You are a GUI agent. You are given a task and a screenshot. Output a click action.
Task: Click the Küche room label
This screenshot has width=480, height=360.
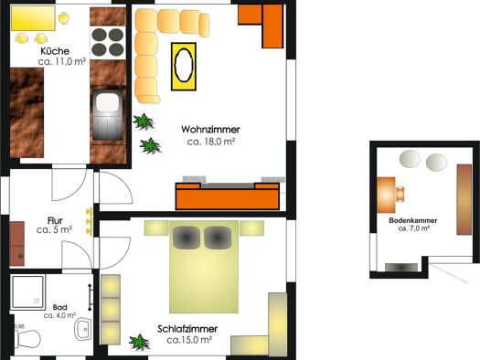coord(55,51)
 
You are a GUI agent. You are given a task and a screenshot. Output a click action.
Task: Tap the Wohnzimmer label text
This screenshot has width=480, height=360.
coord(210,130)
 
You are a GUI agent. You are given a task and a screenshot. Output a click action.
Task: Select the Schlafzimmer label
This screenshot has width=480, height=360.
coord(187,329)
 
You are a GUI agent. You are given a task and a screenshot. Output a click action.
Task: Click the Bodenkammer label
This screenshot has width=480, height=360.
coord(413,220)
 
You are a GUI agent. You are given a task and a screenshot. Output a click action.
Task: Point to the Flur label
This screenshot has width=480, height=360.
coord(55,220)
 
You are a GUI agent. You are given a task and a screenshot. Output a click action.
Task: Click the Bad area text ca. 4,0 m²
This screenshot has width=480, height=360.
coord(59,315)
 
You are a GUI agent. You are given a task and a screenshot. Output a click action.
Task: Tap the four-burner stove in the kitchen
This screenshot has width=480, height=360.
coord(108,42)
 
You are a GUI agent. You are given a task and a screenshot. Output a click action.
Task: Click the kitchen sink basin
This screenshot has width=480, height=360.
coord(108,102)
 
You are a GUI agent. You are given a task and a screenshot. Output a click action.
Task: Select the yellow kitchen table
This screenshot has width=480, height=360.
coord(33,18)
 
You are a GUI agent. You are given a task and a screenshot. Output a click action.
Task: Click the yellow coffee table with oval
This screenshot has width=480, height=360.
coord(184,67)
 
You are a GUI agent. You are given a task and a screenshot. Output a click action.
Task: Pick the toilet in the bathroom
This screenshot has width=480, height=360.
coord(27,339)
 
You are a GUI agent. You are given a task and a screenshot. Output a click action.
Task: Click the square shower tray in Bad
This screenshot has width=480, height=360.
coord(27,292)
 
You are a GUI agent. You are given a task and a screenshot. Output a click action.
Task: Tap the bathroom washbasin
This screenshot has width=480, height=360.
coord(83,329)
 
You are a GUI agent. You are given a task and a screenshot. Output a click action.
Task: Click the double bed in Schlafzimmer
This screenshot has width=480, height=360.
coord(204,267)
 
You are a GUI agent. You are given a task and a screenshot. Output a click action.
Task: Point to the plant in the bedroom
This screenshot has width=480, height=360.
coord(140,343)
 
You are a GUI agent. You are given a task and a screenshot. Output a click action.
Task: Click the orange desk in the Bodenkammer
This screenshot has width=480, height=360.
coord(386,195)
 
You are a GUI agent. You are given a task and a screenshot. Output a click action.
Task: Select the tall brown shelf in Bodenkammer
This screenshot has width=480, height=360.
coord(464,199)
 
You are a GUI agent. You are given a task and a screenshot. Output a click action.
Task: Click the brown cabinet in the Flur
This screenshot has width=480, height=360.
coord(16,244)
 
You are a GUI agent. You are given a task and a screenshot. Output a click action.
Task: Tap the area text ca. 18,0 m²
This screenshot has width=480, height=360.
coord(211,142)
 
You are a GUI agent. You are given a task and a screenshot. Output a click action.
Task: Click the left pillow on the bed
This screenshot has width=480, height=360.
coord(187,238)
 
